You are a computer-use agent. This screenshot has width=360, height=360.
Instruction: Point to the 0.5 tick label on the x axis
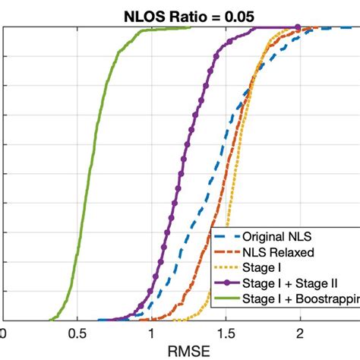pyautogui.click(x=77, y=333)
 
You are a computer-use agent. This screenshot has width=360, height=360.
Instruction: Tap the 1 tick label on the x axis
pyautogui.click(x=151, y=333)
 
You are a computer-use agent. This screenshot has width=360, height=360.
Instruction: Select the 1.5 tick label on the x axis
pyautogui.click(x=226, y=333)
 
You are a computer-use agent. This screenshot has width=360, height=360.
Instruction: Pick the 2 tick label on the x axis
pyautogui.click(x=300, y=333)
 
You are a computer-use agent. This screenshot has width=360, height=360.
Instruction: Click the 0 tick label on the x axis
pyautogui.click(x=3, y=333)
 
